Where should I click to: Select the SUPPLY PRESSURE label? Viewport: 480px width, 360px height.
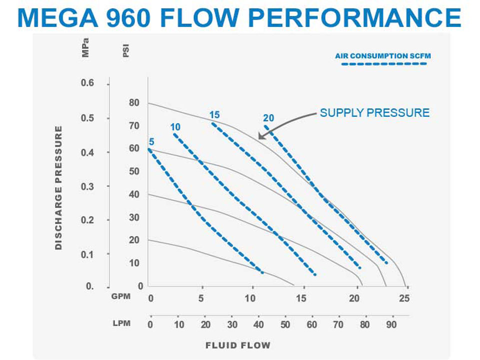[x=374, y=112]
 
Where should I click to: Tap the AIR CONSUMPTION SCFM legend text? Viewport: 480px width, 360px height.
[x=382, y=56]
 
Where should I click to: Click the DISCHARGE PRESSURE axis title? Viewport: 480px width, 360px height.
[x=58, y=187]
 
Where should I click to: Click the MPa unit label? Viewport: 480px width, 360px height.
[x=85, y=49]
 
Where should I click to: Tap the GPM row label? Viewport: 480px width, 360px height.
[x=121, y=296]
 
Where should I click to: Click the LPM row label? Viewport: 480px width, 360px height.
[x=121, y=323]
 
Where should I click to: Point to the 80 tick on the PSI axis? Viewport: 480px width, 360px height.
[x=134, y=103]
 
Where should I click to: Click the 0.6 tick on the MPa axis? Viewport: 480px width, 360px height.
[x=87, y=83]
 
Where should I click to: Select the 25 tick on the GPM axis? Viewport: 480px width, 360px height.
[x=404, y=298]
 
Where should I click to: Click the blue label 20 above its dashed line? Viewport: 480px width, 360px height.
[x=268, y=118]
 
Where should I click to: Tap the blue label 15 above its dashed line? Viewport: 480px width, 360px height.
[x=214, y=115]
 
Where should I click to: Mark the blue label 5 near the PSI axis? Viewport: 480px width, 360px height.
[x=151, y=142]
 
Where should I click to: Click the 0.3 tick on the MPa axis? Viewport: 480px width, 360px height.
[x=87, y=186]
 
